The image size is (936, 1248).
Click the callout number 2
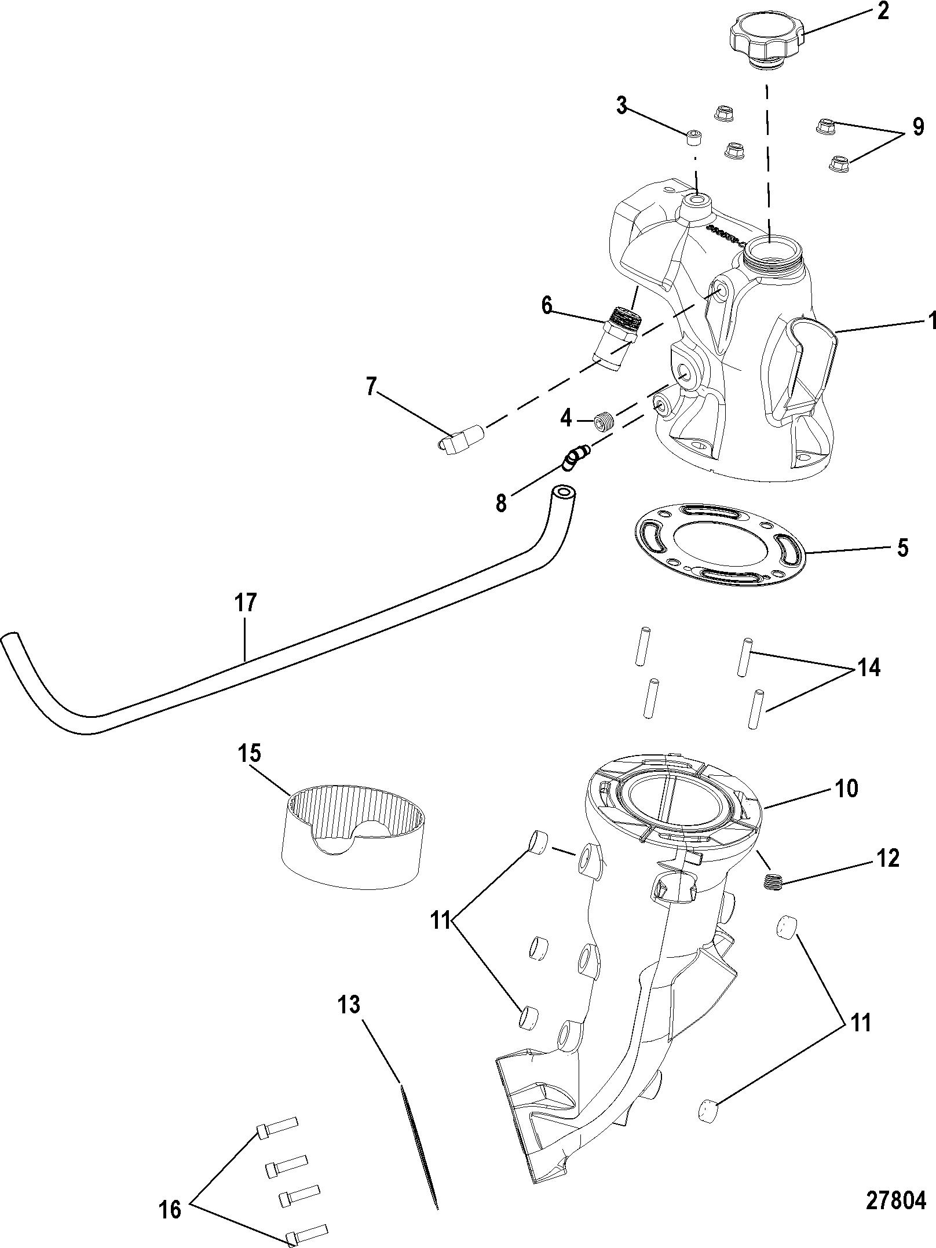click(883, 12)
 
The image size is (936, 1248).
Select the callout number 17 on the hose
click(246, 603)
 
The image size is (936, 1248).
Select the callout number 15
click(249, 754)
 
